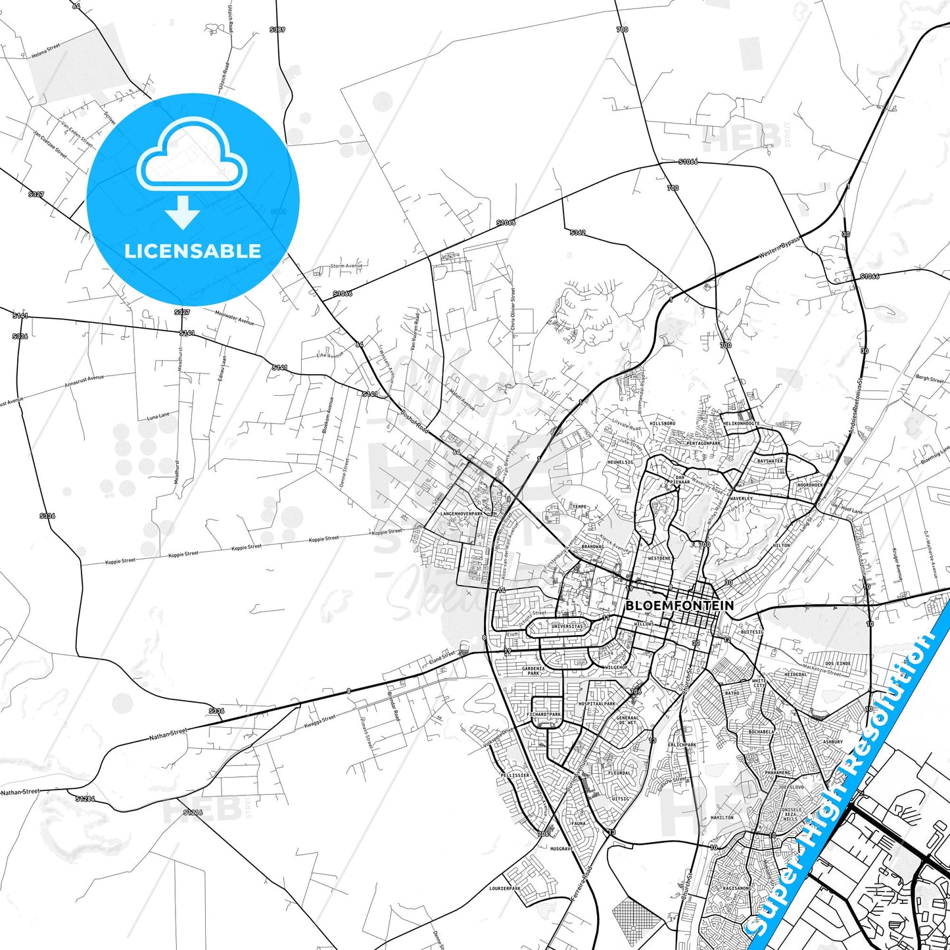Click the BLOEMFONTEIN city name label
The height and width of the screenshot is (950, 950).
679,605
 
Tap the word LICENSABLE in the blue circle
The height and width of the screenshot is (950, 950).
193,250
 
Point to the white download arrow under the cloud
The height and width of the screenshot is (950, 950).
182,212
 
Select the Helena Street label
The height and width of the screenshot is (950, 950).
45,51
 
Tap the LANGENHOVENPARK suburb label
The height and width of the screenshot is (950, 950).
461,513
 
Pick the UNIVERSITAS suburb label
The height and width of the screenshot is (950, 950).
567,626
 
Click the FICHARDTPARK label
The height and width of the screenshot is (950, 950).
544,714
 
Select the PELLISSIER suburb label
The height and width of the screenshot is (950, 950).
515,775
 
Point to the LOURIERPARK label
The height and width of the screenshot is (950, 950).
505,888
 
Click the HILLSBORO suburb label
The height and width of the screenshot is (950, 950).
662,423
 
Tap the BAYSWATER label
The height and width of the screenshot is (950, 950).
770,461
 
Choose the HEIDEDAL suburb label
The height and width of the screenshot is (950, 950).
796,674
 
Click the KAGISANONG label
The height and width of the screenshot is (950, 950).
737,888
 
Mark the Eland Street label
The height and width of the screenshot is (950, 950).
442,656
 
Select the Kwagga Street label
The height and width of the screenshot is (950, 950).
320,721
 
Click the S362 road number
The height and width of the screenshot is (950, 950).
577,232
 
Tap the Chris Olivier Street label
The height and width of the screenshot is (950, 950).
513,309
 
